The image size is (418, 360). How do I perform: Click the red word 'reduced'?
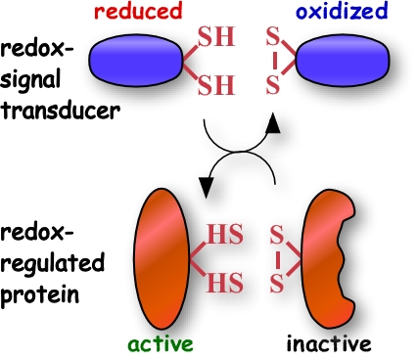[138, 11]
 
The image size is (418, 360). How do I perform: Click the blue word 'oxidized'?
[342, 11]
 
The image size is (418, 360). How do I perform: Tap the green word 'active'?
[161, 344]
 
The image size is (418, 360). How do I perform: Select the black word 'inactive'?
[329, 343]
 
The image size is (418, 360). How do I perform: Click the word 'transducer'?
[60, 111]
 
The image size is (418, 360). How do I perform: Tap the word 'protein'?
[39, 295]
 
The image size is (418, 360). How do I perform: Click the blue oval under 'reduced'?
[136, 60]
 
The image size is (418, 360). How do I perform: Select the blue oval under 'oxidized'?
[343, 60]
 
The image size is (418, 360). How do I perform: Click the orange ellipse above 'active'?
[162, 259]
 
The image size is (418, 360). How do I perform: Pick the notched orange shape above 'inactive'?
[326, 259]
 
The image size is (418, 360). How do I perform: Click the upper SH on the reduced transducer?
[216, 36]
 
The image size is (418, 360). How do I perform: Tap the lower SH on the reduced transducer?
[216, 85]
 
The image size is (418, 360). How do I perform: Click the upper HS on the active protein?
[225, 234]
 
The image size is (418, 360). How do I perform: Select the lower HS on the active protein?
[225, 282]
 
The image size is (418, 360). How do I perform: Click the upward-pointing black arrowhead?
[272, 123]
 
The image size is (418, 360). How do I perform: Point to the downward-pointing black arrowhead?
[206, 188]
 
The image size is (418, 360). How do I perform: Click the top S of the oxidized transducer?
[273, 37]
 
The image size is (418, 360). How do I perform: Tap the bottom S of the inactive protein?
[276, 283]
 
